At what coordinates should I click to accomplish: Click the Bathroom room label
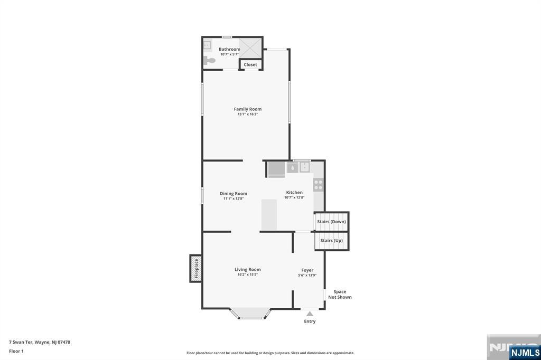229,49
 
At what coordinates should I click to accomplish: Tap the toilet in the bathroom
210,61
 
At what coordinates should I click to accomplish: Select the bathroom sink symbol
207,45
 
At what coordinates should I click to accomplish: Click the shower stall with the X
250,48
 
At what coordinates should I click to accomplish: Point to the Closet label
250,64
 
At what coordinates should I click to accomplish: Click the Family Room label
247,109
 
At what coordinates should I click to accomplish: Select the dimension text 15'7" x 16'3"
247,115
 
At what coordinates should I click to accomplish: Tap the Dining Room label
233,193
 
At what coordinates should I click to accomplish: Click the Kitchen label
294,192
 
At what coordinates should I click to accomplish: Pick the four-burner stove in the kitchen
319,185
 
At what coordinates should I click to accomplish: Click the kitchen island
269,214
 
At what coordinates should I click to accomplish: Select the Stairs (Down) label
331,222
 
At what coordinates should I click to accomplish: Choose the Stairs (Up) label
331,241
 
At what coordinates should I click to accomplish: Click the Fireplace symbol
196,268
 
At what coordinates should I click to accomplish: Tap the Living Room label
247,269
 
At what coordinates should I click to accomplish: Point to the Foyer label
307,270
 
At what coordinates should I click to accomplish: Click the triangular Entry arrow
310,314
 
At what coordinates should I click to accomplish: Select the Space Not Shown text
340,295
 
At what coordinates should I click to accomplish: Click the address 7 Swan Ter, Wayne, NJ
40,342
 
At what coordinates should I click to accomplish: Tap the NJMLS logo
525,352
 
